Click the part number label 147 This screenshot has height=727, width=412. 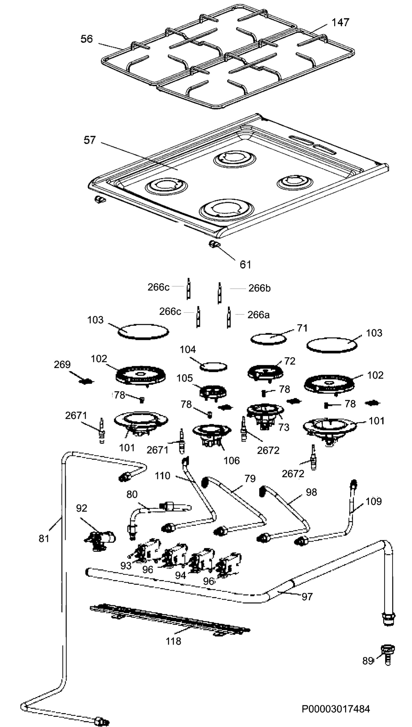(340, 22)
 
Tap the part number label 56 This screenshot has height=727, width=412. (87, 39)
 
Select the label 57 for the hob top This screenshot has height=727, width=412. (90, 140)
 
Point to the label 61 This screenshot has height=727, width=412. (245, 264)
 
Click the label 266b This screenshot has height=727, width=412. (260, 288)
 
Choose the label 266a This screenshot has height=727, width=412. (259, 315)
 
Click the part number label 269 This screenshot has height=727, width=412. (62, 364)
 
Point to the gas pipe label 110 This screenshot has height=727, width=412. (163, 476)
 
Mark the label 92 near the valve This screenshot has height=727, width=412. (82, 508)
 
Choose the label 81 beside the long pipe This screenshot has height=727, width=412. (44, 538)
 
